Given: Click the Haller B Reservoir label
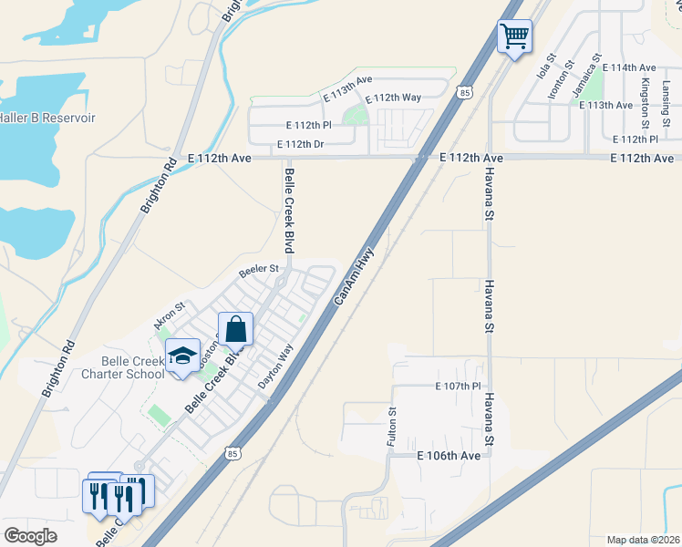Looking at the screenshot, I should pos(47,118).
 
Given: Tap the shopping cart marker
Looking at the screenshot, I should pos(514,37).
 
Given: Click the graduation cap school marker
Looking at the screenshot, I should pos(182,356).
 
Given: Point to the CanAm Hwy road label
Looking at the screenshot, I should pos(355,274).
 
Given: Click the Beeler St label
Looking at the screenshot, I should pos(258,269).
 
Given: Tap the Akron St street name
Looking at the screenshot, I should pos(169,315).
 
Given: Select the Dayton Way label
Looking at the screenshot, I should pos(274,366).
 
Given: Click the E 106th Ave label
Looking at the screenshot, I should pos(448,455).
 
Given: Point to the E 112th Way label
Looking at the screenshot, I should pos(392,99).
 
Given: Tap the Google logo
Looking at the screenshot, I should pos(31,536).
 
